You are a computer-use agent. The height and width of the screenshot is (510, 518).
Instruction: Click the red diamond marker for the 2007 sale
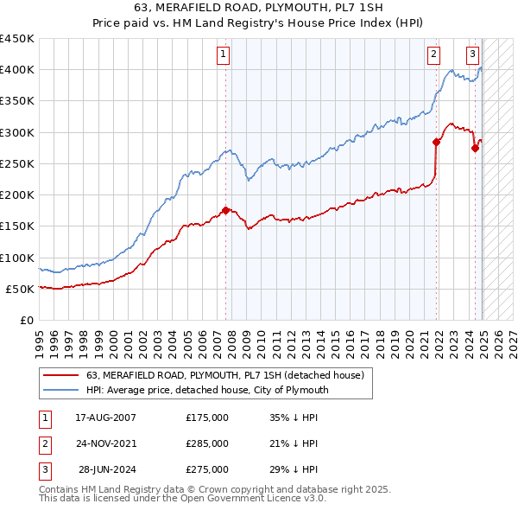[225, 210]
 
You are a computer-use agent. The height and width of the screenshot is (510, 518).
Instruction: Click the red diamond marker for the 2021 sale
[437, 143]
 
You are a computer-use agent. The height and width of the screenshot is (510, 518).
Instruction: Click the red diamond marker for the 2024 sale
[475, 148]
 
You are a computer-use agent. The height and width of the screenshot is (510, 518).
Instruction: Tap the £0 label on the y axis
[26, 320]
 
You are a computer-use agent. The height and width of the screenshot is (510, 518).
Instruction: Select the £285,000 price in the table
[207, 443]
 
